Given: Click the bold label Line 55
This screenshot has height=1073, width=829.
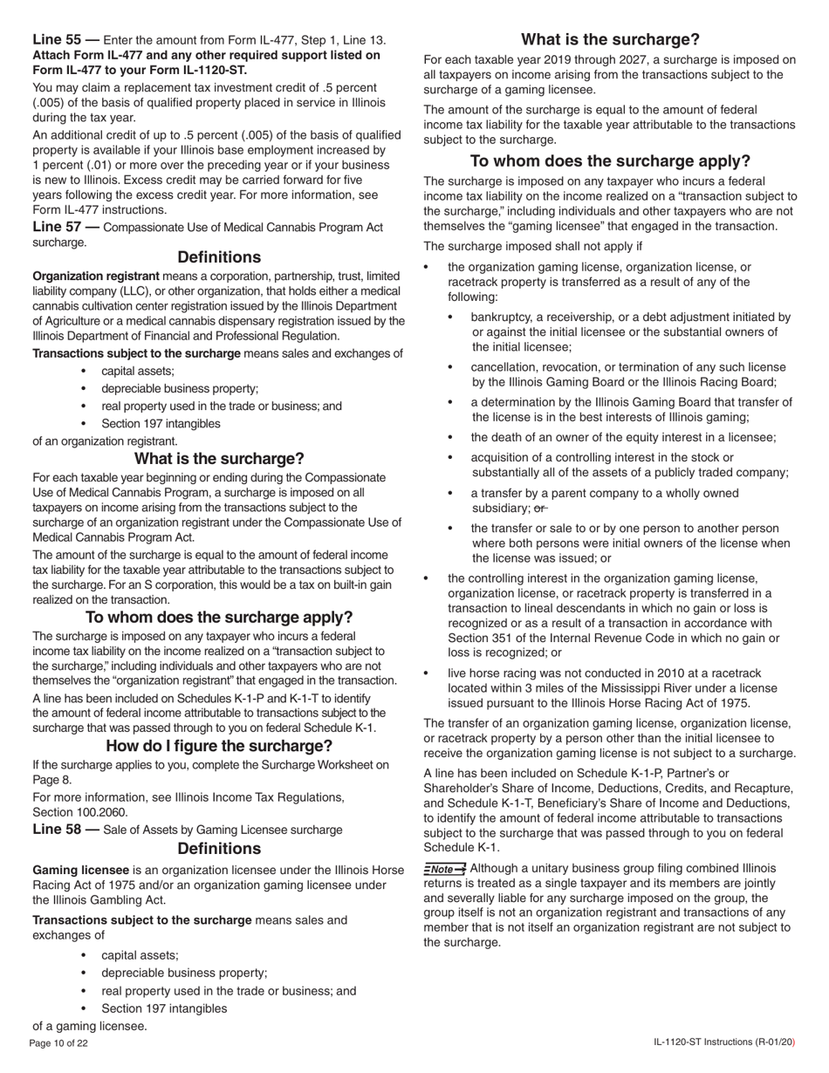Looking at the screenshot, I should (57, 39).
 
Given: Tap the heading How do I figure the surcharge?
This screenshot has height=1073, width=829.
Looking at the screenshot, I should (219, 746).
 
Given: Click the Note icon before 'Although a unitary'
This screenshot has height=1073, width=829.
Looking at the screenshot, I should (445, 869).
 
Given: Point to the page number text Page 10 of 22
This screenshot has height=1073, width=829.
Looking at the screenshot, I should (58, 1043).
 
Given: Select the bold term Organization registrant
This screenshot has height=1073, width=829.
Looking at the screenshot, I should (96, 277).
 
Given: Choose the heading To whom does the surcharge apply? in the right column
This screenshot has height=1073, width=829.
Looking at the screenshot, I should (610, 161).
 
